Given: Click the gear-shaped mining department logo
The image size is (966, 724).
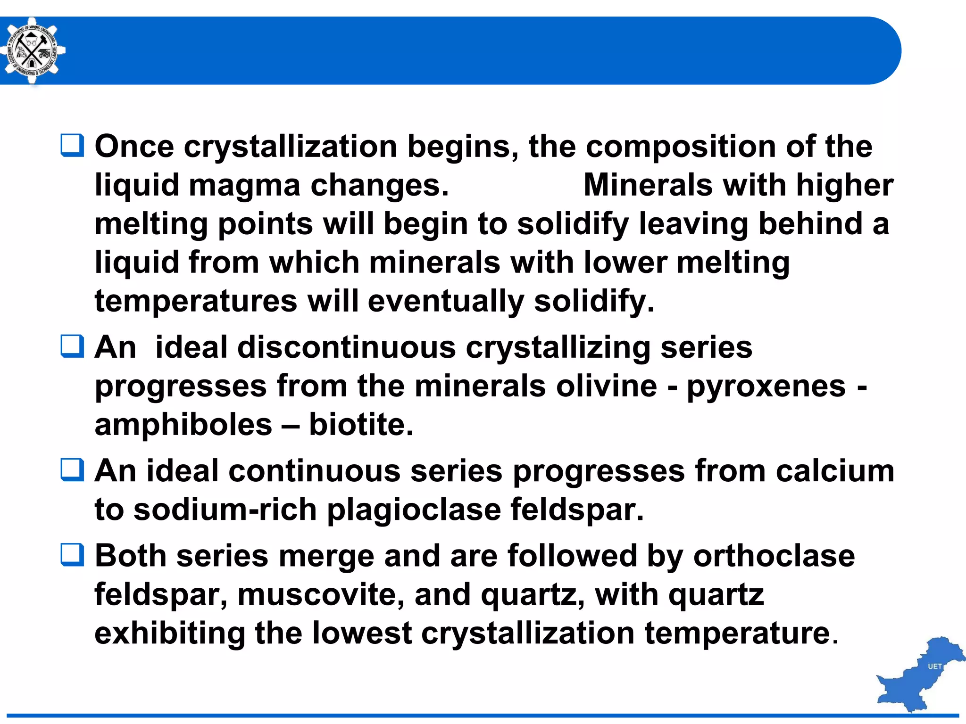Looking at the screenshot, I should [x=32, y=51].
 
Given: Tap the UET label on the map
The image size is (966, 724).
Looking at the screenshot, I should [x=934, y=666].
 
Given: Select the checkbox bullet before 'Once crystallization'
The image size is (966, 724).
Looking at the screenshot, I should [x=73, y=145].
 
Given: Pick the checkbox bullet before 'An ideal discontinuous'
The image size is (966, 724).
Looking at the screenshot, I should [x=73, y=346].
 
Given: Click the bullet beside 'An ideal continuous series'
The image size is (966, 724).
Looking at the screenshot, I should [x=73, y=470].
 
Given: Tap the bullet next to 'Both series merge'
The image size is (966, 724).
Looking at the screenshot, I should [x=73, y=554].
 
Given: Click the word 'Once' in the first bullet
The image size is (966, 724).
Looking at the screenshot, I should [x=134, y=146].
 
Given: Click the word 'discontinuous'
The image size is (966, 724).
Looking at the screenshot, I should [x=346, y=347].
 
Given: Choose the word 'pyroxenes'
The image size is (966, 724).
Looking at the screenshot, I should [x=766, y=387].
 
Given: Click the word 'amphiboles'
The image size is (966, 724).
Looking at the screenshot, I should [x=183, y=425].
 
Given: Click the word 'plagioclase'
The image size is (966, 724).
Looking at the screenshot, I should [x=414, y=510].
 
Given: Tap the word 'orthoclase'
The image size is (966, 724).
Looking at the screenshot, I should [x=774, y=556].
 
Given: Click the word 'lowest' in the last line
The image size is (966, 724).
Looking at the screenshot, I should [x=362, y=633].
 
